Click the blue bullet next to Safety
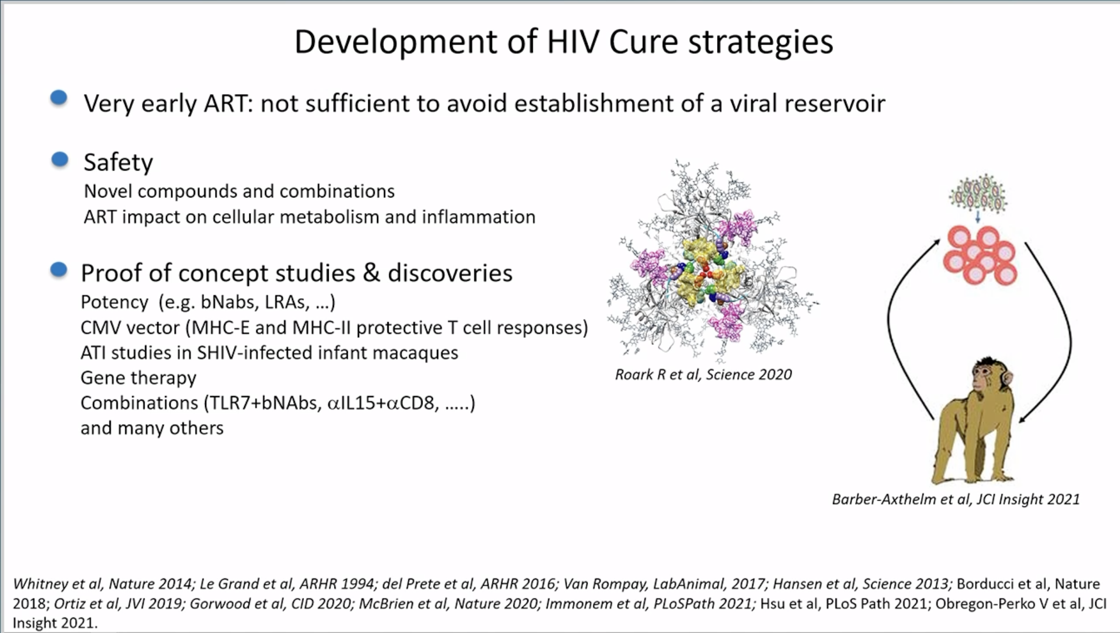point(60,159)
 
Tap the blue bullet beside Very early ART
point(59,98)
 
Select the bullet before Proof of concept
point(59,269)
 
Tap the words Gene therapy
point(138,378)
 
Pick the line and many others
point(152,428)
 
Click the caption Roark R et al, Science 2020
point(704,375)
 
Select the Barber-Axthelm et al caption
point(956,499)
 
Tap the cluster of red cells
point(980,255)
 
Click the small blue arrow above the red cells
point(978,217)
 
